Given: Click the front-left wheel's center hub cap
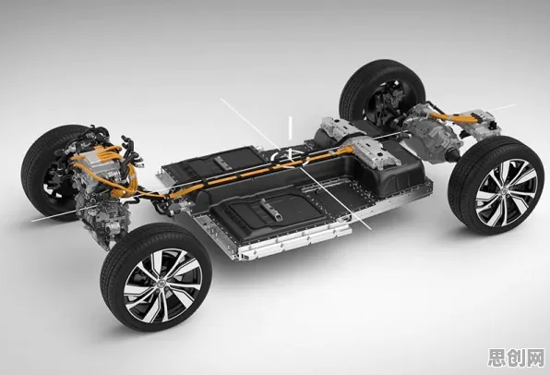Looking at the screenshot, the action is click(163, 283).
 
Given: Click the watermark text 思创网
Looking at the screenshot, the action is click(517, 358).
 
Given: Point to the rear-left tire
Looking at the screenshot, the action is click(382, 92).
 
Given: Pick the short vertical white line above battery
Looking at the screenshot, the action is click(290, 128).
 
